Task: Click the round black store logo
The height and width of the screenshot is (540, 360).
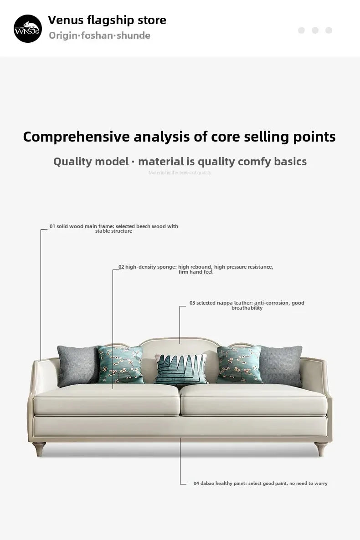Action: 27,28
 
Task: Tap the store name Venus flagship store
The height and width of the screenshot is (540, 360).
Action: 107,20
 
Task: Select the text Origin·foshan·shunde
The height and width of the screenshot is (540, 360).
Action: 99,36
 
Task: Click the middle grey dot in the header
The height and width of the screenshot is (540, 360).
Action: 315,30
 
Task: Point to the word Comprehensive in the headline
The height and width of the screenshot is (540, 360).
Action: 77,137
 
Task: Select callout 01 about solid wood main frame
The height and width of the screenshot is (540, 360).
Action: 113,229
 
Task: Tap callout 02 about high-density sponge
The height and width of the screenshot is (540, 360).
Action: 195,269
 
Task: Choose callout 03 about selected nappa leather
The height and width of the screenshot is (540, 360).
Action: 247,305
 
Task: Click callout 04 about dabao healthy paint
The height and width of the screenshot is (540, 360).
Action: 260,483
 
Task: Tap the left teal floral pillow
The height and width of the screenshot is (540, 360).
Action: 120,364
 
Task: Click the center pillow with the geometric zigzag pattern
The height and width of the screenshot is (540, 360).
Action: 180,369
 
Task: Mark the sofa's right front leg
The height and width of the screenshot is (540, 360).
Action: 322,449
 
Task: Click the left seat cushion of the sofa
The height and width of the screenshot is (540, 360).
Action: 107,399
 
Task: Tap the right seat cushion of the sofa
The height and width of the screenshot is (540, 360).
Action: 253,399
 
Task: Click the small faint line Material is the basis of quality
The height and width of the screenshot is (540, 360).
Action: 180,173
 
